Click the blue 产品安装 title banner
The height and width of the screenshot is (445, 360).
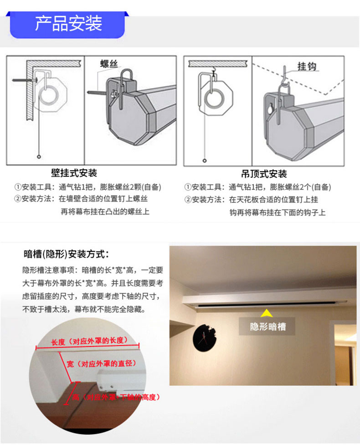(67, 25)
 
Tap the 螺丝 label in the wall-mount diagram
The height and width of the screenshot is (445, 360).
(109, 63)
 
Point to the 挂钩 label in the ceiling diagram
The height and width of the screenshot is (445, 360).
(307, 67)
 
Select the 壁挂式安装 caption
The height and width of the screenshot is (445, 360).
(74, 173)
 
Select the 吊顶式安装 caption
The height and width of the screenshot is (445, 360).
(264, 174)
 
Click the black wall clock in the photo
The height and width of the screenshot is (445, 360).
(204, 338)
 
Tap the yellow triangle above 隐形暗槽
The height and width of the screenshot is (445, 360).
(267, 313)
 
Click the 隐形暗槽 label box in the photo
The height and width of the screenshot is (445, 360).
(267, 326)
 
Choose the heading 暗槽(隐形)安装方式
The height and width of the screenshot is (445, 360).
(66, 254)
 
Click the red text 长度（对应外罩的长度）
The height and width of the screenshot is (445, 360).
(90, 341)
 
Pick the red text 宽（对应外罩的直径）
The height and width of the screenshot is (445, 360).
(102, 363)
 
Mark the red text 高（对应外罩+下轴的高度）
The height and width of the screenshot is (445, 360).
(116, 397)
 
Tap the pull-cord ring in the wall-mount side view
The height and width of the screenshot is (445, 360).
(39, 157)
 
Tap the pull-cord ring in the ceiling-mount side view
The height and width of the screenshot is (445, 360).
(205, 160)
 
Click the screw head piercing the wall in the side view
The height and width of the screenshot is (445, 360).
(36, 80)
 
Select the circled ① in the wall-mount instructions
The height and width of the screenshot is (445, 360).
(18, 187)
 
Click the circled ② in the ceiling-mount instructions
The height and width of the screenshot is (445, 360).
(188, 200)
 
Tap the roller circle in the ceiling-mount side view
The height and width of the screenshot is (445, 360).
(214, 98)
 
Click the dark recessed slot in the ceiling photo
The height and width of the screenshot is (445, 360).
(272, 304)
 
